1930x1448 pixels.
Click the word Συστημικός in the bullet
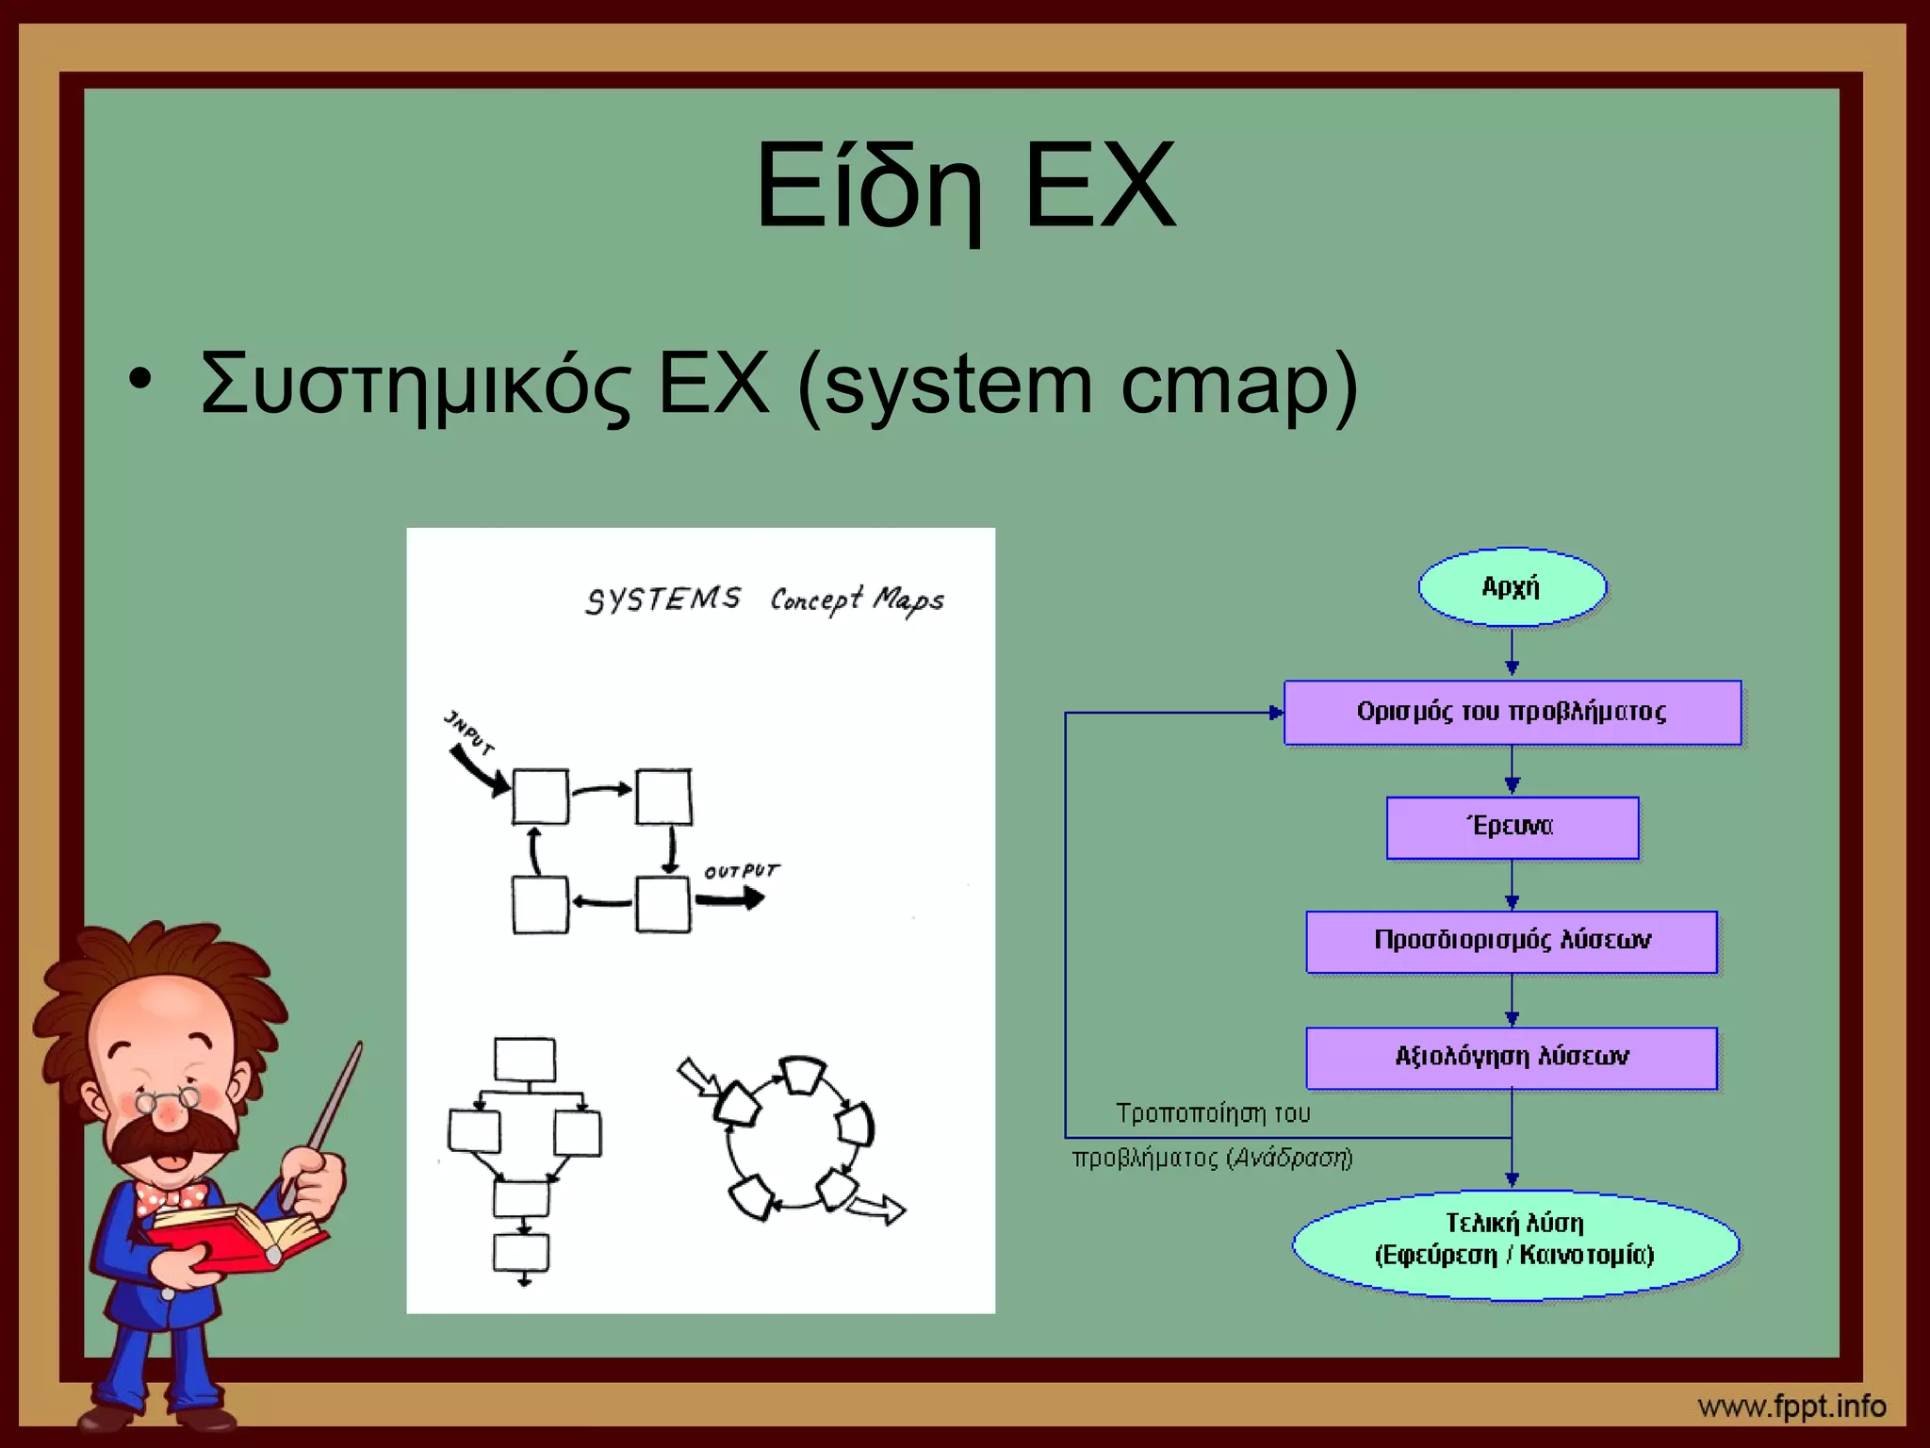(x=416, y=385)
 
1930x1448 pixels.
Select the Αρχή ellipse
(x=1512, y=587)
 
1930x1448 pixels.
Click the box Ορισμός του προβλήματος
(x=1512, y=712)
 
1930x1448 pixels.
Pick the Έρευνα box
(x=1512, y=827)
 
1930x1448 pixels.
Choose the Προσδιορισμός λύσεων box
(x=1512, y=941)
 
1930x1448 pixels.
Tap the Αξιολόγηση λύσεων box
(x=1512, y=1057)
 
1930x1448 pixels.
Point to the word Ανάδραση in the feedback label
(x=1291, y=1158)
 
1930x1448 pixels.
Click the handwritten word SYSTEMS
(x=662, y=600)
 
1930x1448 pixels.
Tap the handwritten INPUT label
(x=468, y=732)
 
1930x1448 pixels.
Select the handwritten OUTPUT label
(x=742, y=871)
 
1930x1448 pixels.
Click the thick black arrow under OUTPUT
(x=730, y=899)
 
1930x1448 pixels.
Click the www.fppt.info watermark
(x=1791, y=1407)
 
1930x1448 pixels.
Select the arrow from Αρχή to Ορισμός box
(x=1512, y=652)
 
